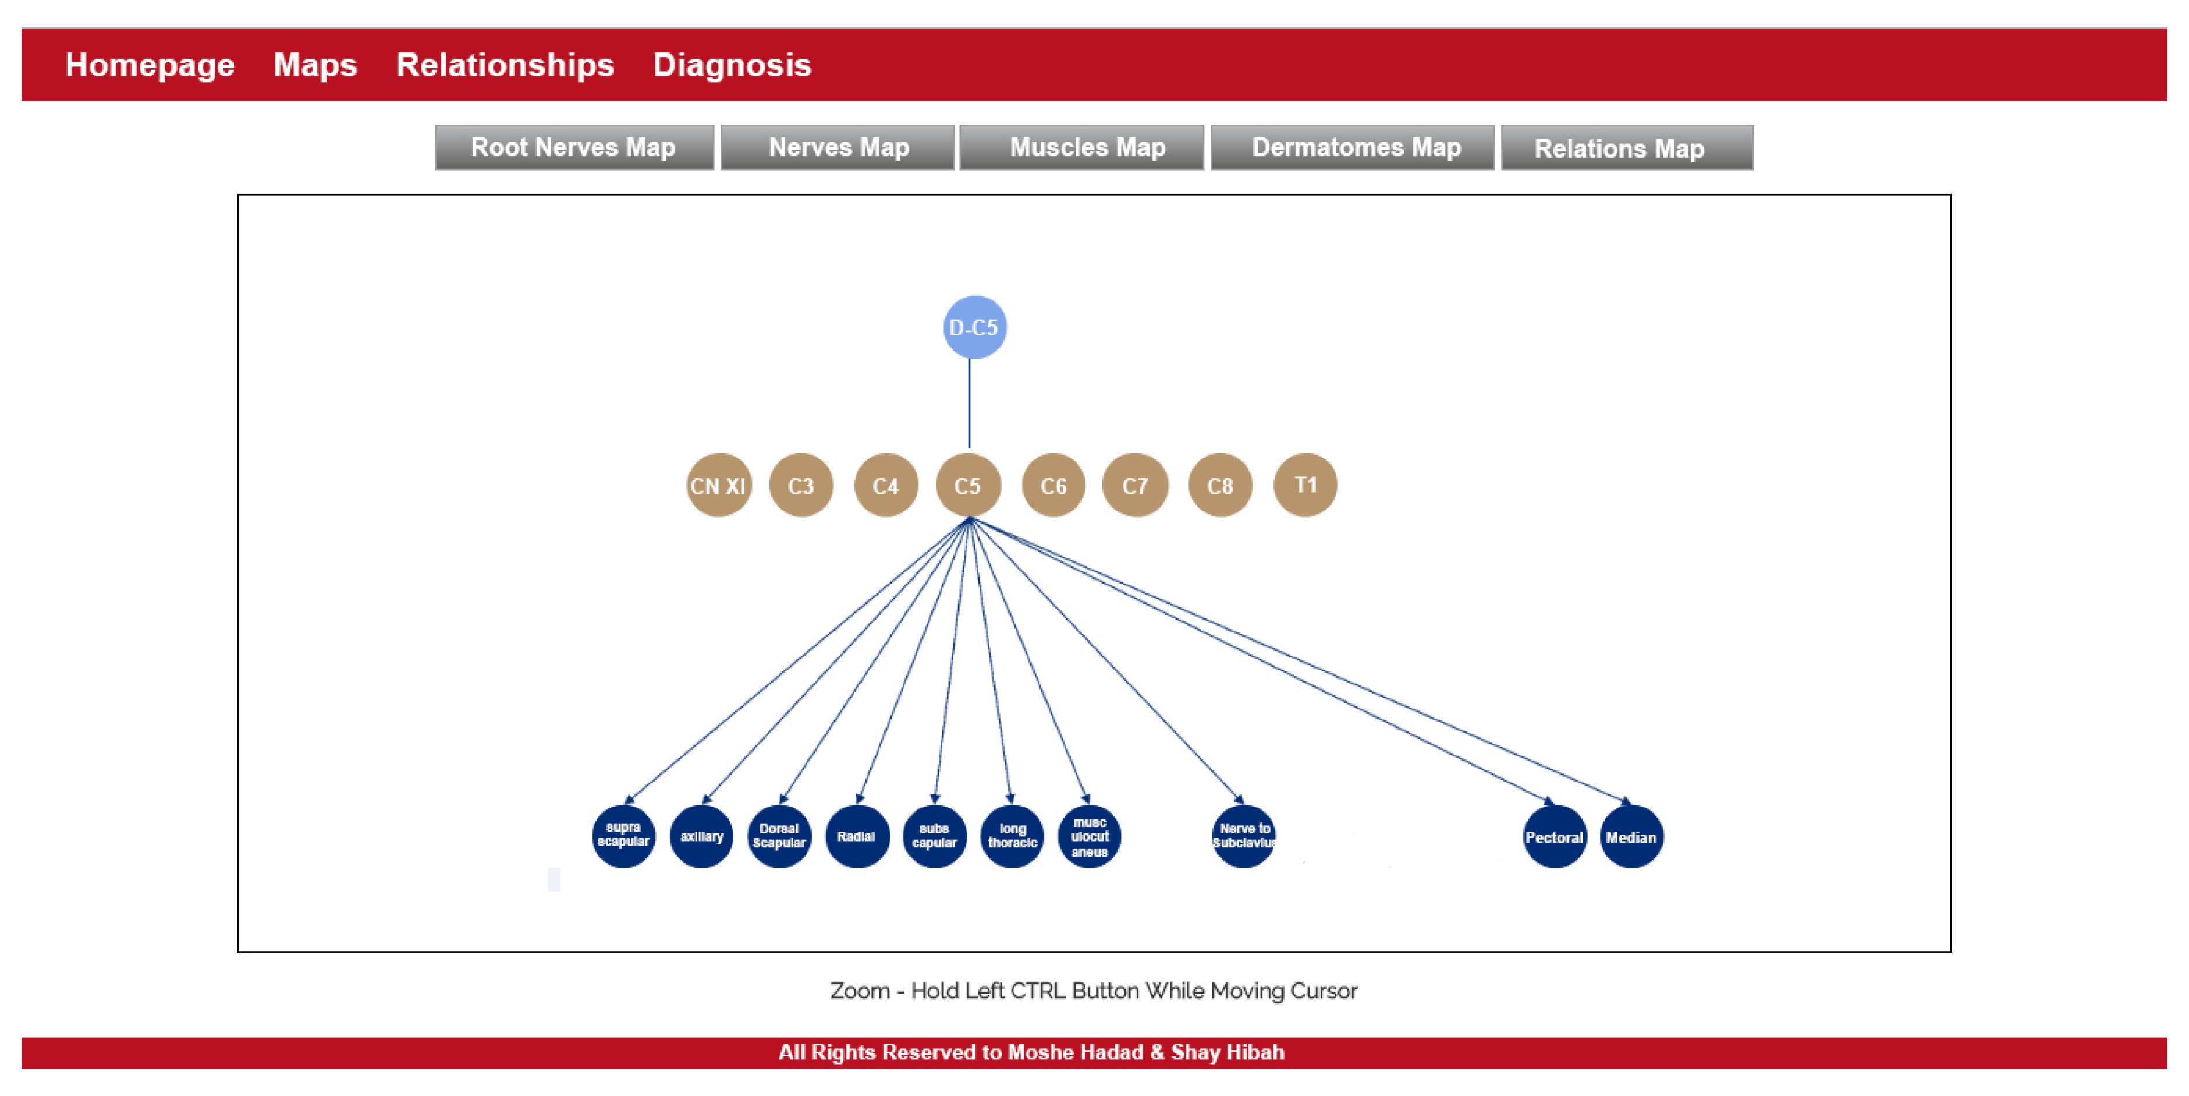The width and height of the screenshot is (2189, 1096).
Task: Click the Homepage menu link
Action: click(150, 65)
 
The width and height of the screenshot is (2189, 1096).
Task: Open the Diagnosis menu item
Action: click(731, 65)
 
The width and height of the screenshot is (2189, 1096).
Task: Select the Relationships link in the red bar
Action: click(505, 65)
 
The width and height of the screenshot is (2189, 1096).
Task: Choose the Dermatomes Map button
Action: click(1356, 148)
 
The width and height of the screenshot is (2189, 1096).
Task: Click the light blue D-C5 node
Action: click(974, 327)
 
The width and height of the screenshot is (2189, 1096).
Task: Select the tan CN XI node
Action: click(718, 486)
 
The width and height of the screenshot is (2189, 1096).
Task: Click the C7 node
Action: click(1134, 486)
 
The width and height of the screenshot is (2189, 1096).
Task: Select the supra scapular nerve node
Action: click(623, 836)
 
